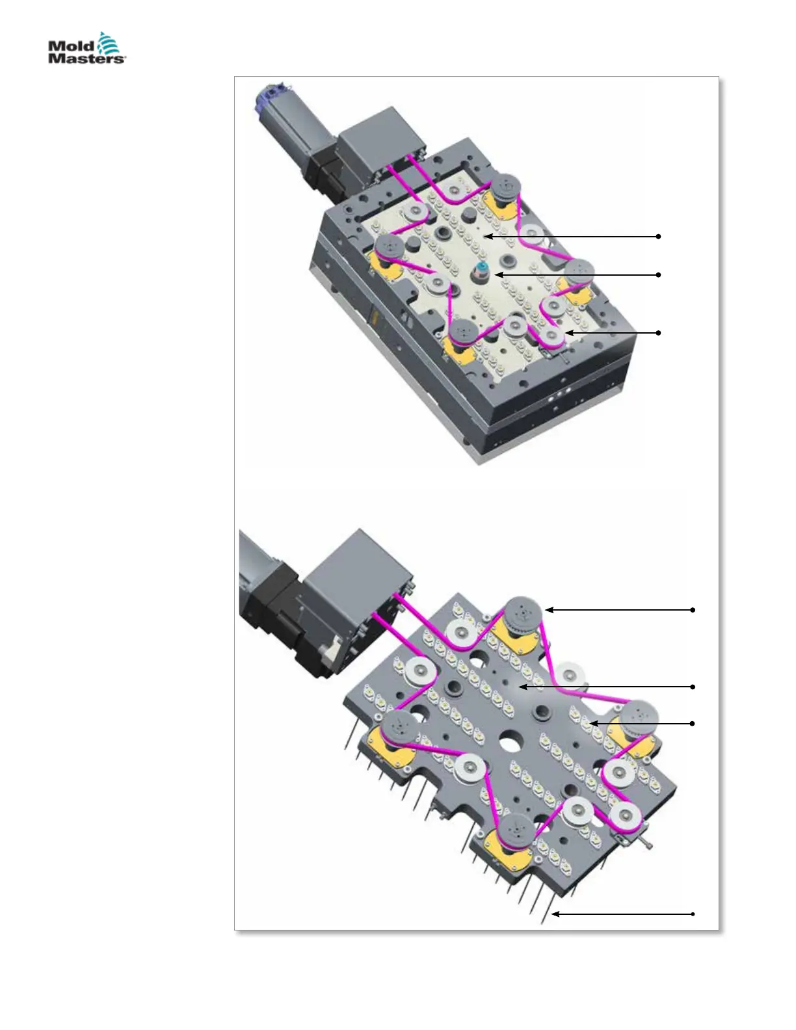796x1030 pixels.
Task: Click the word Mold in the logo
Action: [71, 46]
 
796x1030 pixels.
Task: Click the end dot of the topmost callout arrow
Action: [659, 236]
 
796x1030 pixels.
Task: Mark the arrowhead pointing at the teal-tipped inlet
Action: [497, 274]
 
